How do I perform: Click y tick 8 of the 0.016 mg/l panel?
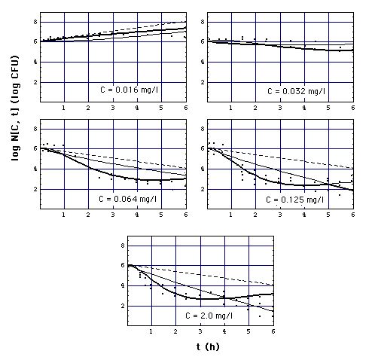click(x=35, y=21)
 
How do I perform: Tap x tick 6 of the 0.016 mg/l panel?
click(x=185, y=108)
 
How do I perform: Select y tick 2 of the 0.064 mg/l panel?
click(x=35, y=190)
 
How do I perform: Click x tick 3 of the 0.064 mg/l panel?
click(x=112, y=216)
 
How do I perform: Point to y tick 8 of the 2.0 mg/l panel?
click(x=122, y=246)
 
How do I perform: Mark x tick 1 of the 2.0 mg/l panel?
click(x=151, y=332)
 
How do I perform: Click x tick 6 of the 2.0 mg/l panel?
click(x=273, y=332)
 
